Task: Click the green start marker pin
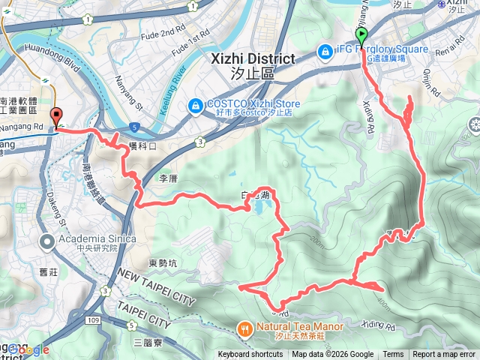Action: pyautogui.click(x=361, y=34)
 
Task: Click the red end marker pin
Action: pyautogui.click(x=57, y=116)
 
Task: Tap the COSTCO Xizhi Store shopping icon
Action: pyautogui.click(x=194, y=105)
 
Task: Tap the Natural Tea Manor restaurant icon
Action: pyautogui.click(x=244, y=327)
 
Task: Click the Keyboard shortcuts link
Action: pyautogui.click(x=250, y=355)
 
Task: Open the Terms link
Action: pyautogui.click(x=393, y=355)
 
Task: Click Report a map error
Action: pyautogui.click(x=444, y=355)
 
